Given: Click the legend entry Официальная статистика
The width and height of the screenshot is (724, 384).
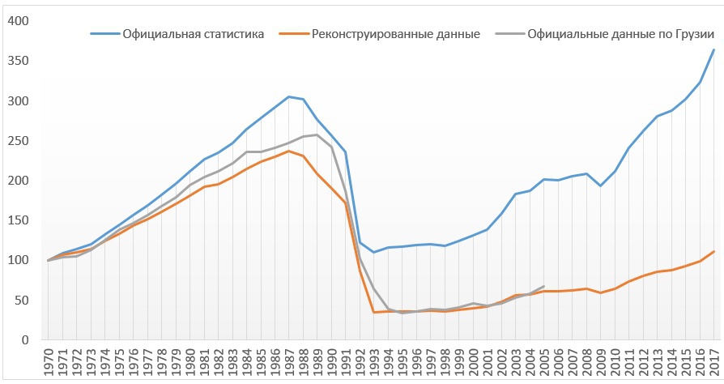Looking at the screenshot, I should pos(193,34).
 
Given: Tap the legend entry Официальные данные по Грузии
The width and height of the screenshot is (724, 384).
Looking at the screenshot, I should pos(620,34).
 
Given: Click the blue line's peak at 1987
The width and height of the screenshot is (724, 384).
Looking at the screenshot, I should pos(288,96).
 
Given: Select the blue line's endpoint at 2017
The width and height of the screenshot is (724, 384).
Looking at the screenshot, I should pos(713,49).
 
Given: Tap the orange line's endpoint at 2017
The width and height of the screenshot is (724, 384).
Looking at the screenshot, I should pos(713,251).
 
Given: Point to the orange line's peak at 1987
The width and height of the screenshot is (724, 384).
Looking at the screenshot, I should pos(288,151).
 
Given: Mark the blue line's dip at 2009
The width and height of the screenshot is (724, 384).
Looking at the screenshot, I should pos(600,186).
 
